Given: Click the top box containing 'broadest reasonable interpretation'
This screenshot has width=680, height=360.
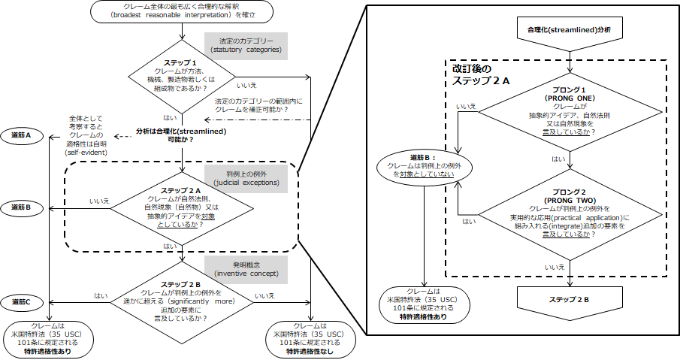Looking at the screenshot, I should click(x=183, y=11).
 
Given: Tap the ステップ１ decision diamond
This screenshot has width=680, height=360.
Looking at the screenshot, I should click(x=183, y=76).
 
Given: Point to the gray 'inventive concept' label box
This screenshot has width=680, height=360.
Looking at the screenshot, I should click(x=246, y=268).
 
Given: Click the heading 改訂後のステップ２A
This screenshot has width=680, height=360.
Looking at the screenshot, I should click(x=482, y=74).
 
